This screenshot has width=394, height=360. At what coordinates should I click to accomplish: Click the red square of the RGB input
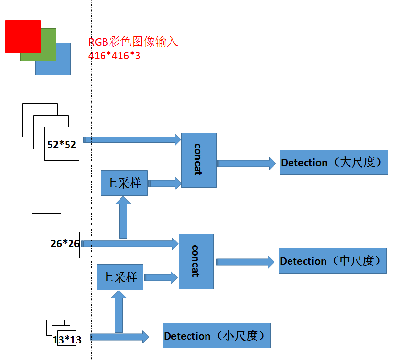23,36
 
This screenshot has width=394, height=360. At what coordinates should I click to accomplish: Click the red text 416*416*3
114,56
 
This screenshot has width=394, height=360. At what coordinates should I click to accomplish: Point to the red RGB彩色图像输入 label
133,42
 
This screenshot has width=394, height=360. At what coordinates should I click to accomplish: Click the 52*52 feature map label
62,145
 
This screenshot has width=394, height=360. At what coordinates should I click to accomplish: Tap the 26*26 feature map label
65,244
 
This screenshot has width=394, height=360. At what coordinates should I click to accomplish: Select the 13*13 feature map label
67,340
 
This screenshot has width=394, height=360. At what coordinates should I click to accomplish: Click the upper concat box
199,160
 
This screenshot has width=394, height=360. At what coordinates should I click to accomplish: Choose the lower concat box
196,261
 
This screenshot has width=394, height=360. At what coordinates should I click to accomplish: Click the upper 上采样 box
124,183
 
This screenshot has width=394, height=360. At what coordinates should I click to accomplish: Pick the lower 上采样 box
120,277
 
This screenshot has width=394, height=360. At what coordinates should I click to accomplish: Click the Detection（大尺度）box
334,162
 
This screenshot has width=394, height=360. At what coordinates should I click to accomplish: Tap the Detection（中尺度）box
333,261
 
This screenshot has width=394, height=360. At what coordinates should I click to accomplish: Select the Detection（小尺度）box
217,335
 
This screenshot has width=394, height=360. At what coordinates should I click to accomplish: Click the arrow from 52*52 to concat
132,139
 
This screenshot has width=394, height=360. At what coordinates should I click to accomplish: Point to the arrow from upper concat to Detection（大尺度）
246,164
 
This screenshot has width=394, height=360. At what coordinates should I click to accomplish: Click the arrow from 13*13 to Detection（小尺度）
120,337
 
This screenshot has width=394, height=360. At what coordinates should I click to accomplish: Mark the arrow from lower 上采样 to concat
161,277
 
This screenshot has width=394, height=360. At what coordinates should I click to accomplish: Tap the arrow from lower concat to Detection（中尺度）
245,262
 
